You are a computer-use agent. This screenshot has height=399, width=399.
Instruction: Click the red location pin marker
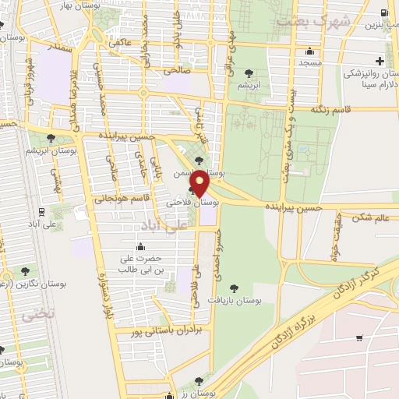tap(200, 182)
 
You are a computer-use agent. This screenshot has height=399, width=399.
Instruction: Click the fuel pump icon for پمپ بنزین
tap(384, 13)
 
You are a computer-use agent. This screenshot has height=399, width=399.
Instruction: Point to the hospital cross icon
tap(380, 61)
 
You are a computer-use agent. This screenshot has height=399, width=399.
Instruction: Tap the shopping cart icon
tap(359, 338)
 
